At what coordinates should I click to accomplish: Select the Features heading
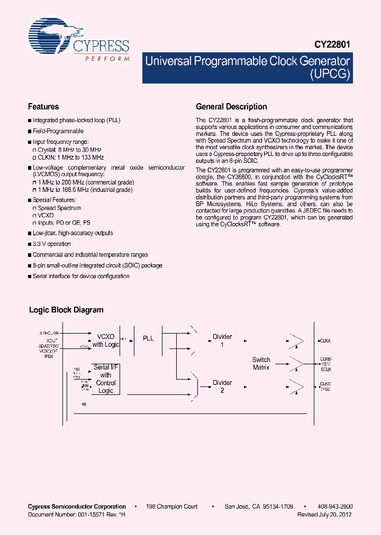43,106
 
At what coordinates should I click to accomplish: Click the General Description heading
231,106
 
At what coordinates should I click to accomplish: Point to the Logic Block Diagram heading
66,310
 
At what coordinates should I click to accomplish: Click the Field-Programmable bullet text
58,131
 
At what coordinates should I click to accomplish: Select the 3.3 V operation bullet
52,244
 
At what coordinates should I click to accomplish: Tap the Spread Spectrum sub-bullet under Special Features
59,208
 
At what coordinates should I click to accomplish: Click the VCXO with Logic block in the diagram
106,340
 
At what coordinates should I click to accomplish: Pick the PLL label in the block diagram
148,338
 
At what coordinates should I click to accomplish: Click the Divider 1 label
222,340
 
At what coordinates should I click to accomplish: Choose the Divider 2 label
222,386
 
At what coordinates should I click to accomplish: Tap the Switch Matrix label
261,363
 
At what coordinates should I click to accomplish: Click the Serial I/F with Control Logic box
106,379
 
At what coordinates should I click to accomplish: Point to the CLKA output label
325,341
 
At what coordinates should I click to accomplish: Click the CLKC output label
325,384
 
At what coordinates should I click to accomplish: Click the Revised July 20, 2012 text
324,514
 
